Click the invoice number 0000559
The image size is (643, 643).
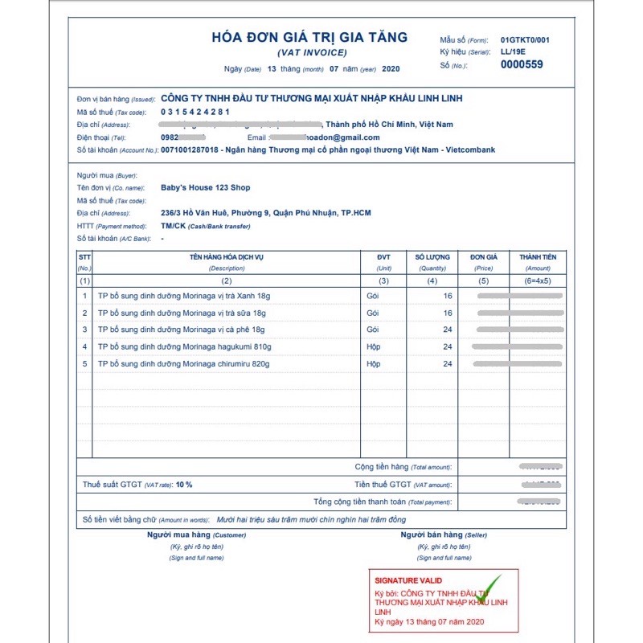pyautogui.click(x=522, y=64)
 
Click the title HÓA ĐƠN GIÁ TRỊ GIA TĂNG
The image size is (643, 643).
pyautogui.click(x=309, y=37)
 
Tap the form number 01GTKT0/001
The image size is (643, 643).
pyautogui.click(x=525, y=39)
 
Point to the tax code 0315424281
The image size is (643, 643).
pyautogui.click(x=195, y=112)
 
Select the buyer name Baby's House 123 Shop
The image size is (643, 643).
pyautogui.click(x=206, y=187)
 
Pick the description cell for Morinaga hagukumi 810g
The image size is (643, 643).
pyautogui.click(x=184, y=346)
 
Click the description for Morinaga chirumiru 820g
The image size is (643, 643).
pyautogui.click(x=183, y=364)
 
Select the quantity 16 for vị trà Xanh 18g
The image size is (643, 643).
pyautogui.click(x=447, y=296)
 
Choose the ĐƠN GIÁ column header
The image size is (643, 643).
pyautogui.click(x=483, y=257)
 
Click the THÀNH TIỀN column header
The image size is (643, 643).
pyautogui.click(x=538, y=257)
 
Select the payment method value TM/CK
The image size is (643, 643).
pyautogui.click(x=172, y=226)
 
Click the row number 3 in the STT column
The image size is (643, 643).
pyautogui.click(x=85, y=330)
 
